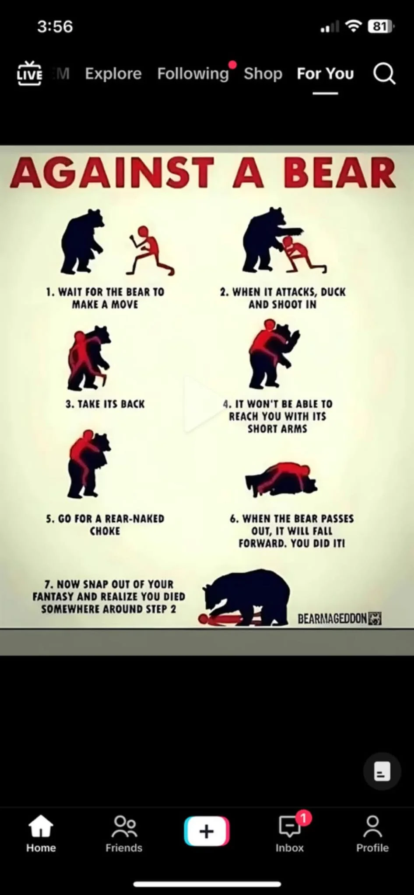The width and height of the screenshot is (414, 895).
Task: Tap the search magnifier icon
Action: click(384, 73)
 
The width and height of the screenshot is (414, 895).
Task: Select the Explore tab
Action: click(113, 73)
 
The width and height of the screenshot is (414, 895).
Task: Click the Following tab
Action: click(193, 73)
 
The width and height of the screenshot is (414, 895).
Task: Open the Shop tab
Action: click(263, 73)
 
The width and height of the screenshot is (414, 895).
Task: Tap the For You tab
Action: click(325, 73)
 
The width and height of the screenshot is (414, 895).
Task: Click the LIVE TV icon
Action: click(29, 73)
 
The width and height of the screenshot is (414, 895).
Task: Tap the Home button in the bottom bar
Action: click(41, 834)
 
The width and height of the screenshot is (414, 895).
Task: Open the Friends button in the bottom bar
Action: click(124, 834)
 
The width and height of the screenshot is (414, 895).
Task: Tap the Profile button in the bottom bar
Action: click(372, 834)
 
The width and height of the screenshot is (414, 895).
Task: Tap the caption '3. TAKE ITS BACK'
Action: click(105, 404)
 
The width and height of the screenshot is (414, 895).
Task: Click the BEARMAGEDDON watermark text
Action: click(332, 618)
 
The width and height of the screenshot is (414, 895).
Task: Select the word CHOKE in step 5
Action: click(105, 531)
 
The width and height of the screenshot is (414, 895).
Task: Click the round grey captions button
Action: click(382, 771)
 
